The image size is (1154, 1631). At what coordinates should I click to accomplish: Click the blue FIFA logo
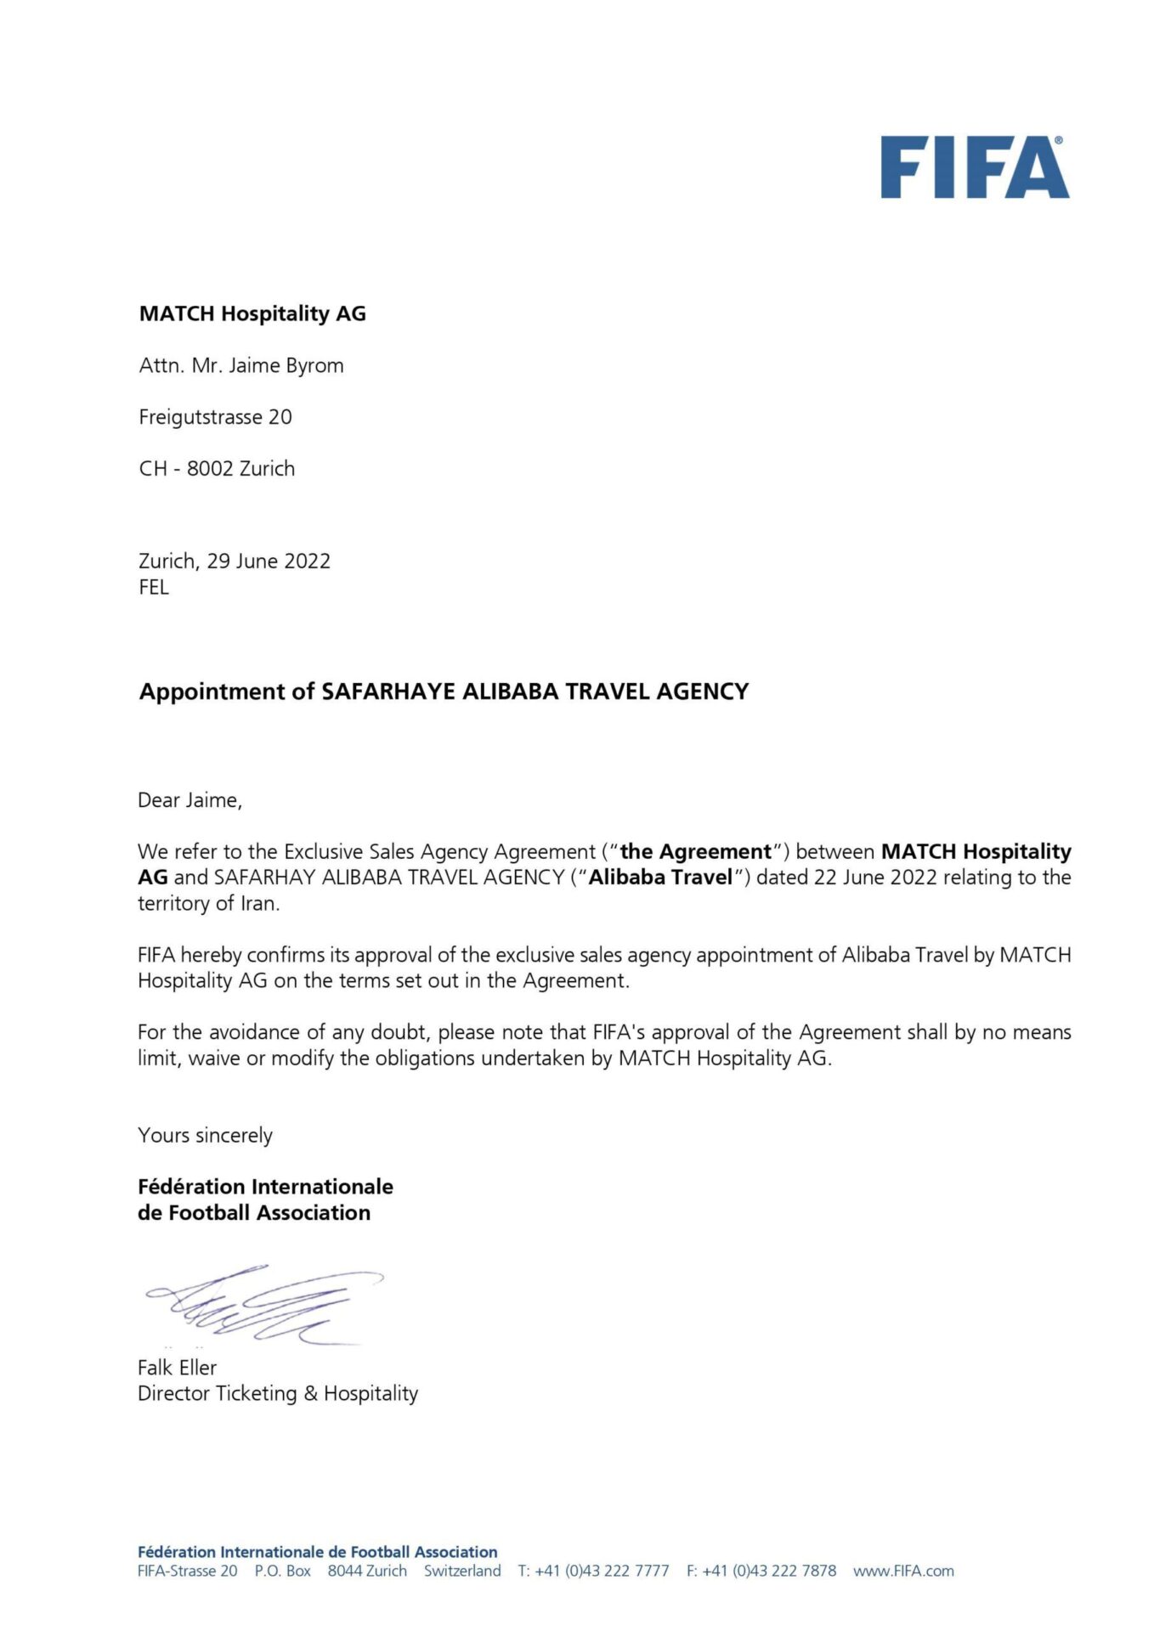(974, 168)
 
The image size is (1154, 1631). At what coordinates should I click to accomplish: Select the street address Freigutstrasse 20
(215, 417)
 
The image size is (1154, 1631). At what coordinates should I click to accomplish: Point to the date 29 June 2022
(269, 562)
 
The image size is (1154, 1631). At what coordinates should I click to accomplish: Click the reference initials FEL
(154, 588)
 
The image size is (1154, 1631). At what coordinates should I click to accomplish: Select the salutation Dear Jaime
(190, 800)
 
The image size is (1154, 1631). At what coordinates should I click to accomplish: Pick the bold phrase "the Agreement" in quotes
(695, 852)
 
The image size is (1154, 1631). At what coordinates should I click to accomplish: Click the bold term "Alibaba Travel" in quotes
(660, 878)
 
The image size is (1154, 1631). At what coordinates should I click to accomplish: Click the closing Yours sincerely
(205, 1136)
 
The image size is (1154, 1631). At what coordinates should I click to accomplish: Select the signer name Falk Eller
(177, 1368)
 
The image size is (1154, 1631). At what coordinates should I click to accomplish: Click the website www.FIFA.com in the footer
(903, 1572)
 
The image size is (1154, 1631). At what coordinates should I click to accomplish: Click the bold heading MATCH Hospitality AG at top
(252, 314)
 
